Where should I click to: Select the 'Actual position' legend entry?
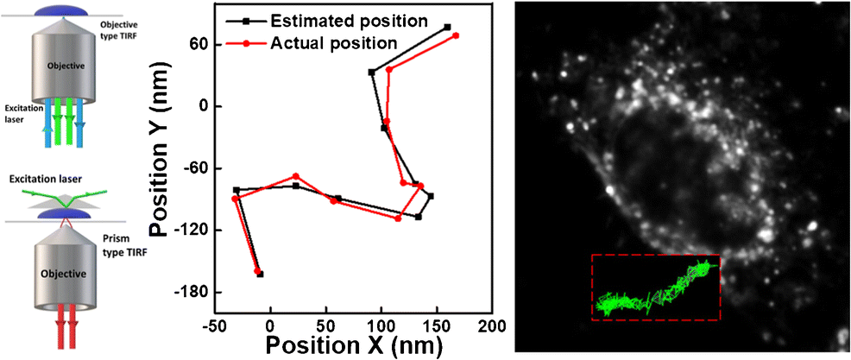(334, 41)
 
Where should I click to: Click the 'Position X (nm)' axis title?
(354, 346)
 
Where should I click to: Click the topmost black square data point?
(447, 28)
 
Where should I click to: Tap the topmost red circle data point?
(456, 35)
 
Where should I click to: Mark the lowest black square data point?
(261, 275)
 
